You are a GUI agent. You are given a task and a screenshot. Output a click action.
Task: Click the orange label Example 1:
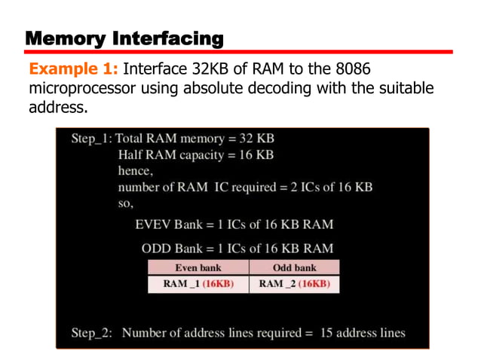(x=72, y=69)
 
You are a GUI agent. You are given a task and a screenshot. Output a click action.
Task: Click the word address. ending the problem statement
(x=57, y=107)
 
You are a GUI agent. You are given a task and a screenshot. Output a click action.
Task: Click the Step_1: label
(x=90, y=139)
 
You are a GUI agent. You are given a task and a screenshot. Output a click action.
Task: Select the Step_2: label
(x=91, y=332)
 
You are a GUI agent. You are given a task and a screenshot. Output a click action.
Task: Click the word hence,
(x=136, y=171)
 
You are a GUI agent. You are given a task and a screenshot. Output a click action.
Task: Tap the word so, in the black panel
(x=126, y=203)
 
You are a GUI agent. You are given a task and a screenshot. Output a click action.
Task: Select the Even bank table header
(x=198, y=267)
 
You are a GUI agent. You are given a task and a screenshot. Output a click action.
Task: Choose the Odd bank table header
(x=294, y=267)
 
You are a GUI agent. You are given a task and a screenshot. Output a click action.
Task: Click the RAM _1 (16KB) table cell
(x=198, y=284)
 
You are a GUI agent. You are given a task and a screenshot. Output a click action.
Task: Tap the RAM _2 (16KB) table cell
(x=294, y=284)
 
